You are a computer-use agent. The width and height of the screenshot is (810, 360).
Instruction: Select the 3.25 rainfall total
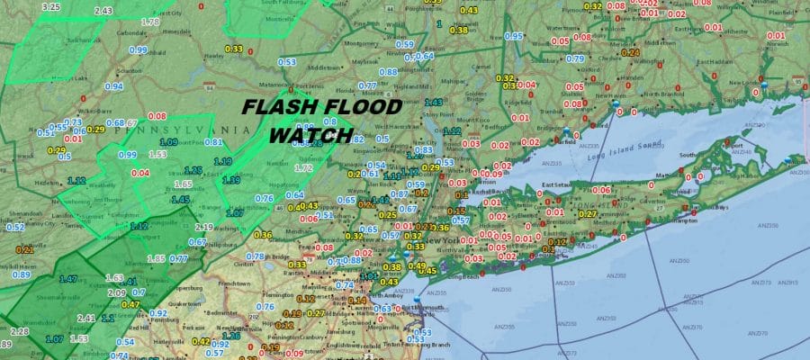pos(50,6)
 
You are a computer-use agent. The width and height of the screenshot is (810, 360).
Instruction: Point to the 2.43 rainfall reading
pos(103,11)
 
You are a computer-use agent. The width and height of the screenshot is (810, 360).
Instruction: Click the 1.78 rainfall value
pos(151,21)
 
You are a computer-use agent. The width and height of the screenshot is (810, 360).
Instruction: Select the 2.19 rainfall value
pos(203,228)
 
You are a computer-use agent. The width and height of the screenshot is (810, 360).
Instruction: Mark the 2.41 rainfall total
pos(86,318)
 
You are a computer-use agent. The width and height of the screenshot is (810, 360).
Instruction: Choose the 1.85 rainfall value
pos(155,258)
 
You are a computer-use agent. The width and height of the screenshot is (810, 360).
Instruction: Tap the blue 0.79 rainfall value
pos(574,58)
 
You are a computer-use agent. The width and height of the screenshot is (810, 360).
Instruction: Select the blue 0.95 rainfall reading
pos(513,36)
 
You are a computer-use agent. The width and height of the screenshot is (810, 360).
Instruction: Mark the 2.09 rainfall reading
pos(116,292)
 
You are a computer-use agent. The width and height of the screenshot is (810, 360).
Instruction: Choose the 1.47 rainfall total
pos(68,280)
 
